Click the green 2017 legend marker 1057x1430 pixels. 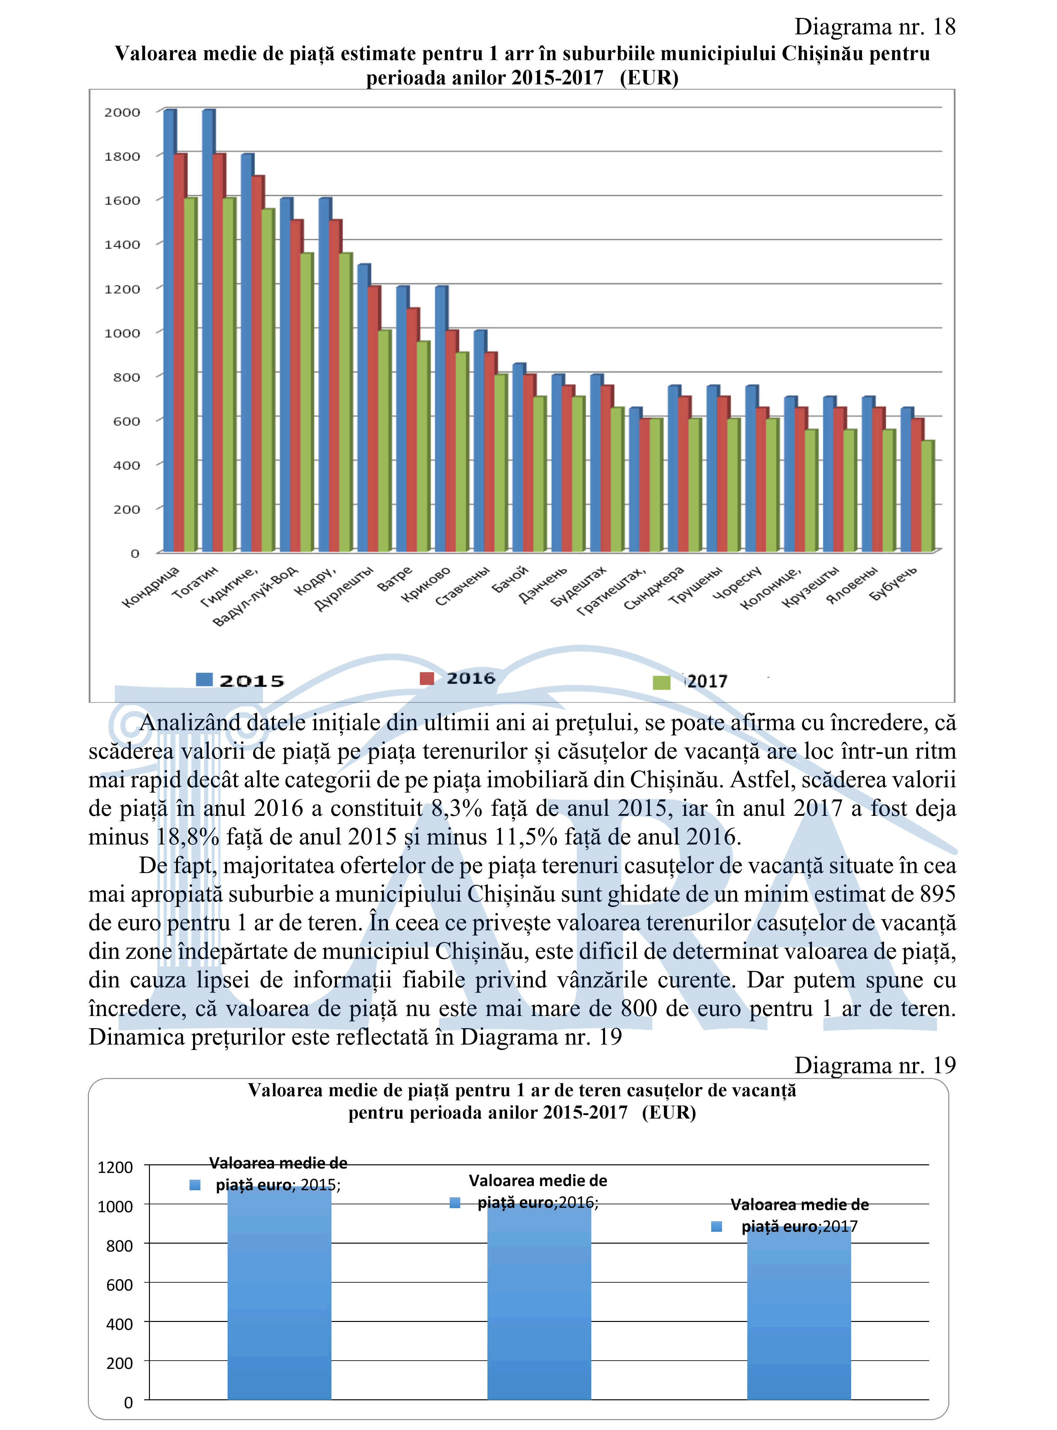point(661,683)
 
